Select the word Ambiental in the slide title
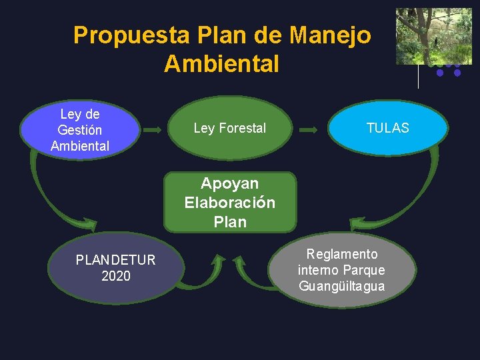pos(221,64)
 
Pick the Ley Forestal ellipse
pos(230,128)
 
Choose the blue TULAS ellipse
pos(387,128)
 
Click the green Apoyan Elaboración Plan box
pos(229,202)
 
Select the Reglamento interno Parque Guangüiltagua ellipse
pos(341,270)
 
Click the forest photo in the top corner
pos(433,36)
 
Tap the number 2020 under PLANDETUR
pos(116,276)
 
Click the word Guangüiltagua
pos(341,286)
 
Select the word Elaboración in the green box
pos(229,203)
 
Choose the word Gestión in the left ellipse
pos(79,130)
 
